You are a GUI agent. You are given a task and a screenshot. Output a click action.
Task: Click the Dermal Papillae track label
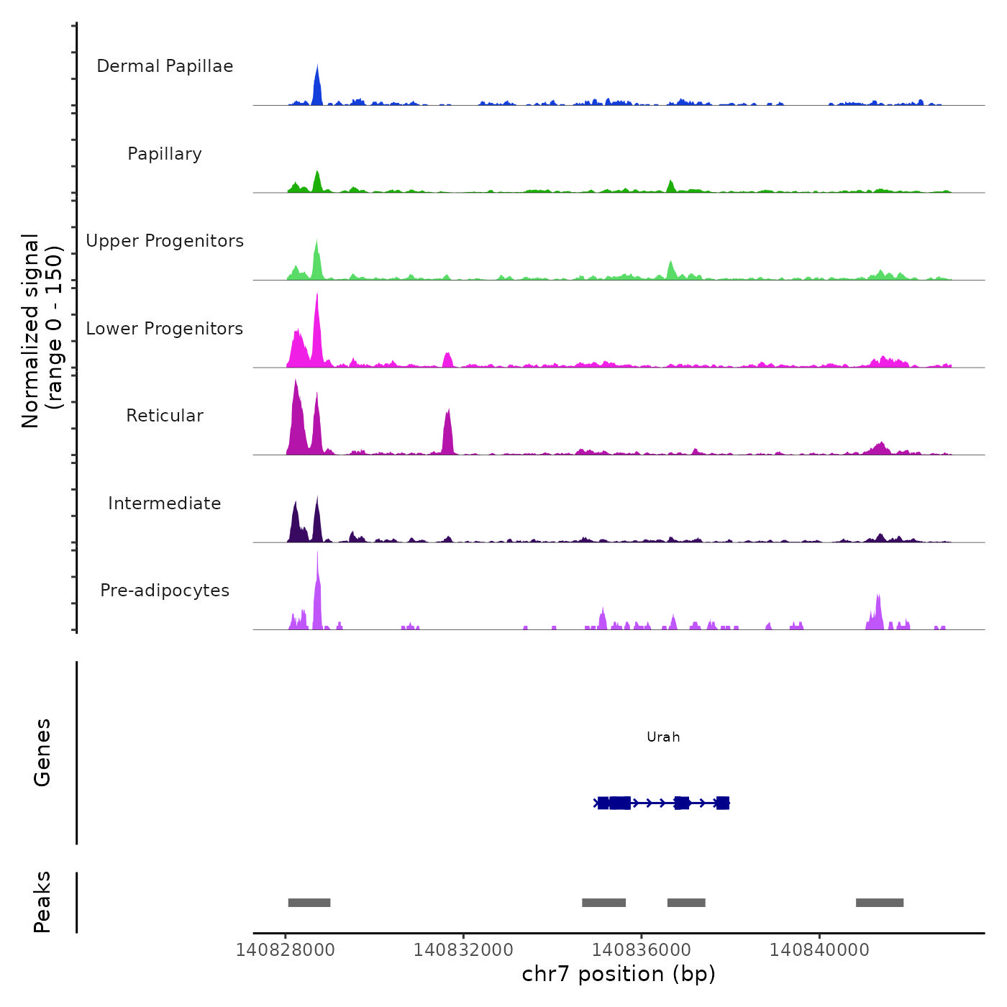[x=165, y=66]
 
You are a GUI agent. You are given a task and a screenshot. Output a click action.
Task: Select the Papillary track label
[x=165, y=154]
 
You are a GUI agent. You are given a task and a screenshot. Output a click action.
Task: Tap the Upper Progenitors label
[x=165, y=241]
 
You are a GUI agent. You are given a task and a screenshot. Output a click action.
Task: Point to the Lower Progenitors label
[x=165, y=329]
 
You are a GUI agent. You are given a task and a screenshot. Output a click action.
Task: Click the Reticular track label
[x=165, y=416]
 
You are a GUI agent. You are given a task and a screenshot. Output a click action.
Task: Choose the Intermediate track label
[x=165, y=503]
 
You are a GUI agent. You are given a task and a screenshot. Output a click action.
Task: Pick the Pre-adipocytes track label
[x=165, y=591]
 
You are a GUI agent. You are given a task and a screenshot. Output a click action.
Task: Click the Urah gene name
[x=663, y=737]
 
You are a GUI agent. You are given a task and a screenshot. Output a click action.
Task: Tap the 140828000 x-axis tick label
[x=286, y=950]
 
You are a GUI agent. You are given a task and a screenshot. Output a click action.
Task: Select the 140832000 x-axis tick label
[x=463, y=950]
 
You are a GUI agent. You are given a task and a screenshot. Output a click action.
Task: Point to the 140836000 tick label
[x=642, y=950]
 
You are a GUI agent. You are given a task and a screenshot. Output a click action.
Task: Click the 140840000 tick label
[x=819, y=950]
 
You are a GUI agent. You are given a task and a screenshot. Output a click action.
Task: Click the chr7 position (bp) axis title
[x=619, y=974]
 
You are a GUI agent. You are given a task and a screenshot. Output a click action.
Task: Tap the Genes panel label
[x=42, y=752]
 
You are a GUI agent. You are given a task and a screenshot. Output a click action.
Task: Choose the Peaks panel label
[x=42, y=902]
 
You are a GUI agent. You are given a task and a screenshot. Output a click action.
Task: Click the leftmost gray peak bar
[x=309, y=903]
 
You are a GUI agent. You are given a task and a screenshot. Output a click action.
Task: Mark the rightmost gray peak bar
[x=880, y=903]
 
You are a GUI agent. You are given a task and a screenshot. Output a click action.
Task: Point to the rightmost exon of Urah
[x=722, y=803]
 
